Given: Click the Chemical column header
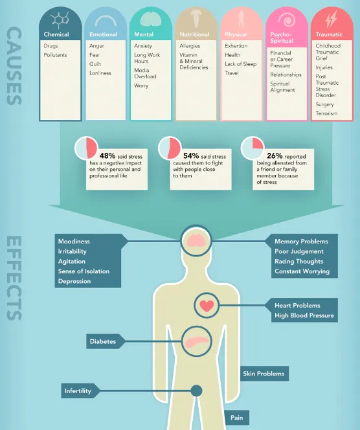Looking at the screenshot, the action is pyautogui.click(x=56, y=34).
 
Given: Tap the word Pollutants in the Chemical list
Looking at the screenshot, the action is pyautogui.click(x=55, y=55).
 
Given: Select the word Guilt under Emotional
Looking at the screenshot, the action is pyautogui.click(x=95, y=64).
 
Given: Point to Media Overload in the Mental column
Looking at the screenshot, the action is pyautogui.click(x=145, y=73).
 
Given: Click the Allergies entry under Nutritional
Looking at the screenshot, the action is pyautogui.click(x=190, y=46).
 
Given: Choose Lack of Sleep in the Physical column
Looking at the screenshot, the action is pyautogui.click(x=240, y=64).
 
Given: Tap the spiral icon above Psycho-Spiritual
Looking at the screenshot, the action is pyautogui.click(x=286, y=19).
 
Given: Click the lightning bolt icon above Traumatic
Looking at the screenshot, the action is pyautogui.click(x=331, y=19).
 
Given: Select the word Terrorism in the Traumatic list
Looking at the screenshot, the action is pyautogui.click(x=326, y=113).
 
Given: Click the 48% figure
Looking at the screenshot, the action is pyautogui.click(x=107, y=156).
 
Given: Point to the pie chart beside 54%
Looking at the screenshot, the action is pyautogui.click(x=170, y=148).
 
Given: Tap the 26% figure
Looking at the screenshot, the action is pyautogui.click(x=275, y=156).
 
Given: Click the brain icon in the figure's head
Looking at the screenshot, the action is pyautogui.click(x=196, y=240).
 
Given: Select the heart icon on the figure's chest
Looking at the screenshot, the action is pyautogui.click(x=207, y=306).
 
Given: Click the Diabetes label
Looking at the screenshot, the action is pyautogui.click(x=103, y=341).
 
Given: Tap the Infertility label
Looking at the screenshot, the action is pyautogui.click(x=78, y=390).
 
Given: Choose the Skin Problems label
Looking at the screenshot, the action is pyautogui.click(x=264, y=374).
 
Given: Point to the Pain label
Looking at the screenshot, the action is pyautogui.click(x=236, y=418).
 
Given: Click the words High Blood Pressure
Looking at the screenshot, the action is pyautogui.click(x=304, y=315).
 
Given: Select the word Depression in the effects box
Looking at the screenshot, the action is pyautogui.click(x=74, y=281).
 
